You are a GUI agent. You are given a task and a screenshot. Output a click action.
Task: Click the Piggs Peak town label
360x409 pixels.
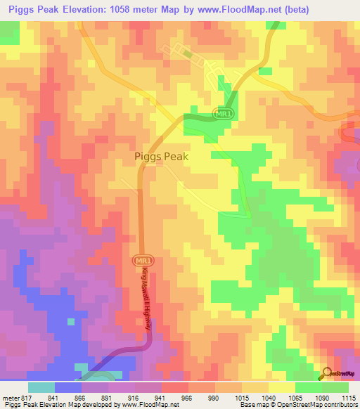[x=161, y=157]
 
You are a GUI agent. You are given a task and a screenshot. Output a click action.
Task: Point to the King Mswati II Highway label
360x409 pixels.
[x=146, y=298]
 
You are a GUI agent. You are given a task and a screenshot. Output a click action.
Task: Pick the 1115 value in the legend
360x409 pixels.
[x=349, y=397]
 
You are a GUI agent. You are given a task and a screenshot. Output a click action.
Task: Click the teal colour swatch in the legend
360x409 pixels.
[x=41, y=387]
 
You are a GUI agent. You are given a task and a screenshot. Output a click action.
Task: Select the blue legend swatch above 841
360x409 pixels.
[x=67, y=387]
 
